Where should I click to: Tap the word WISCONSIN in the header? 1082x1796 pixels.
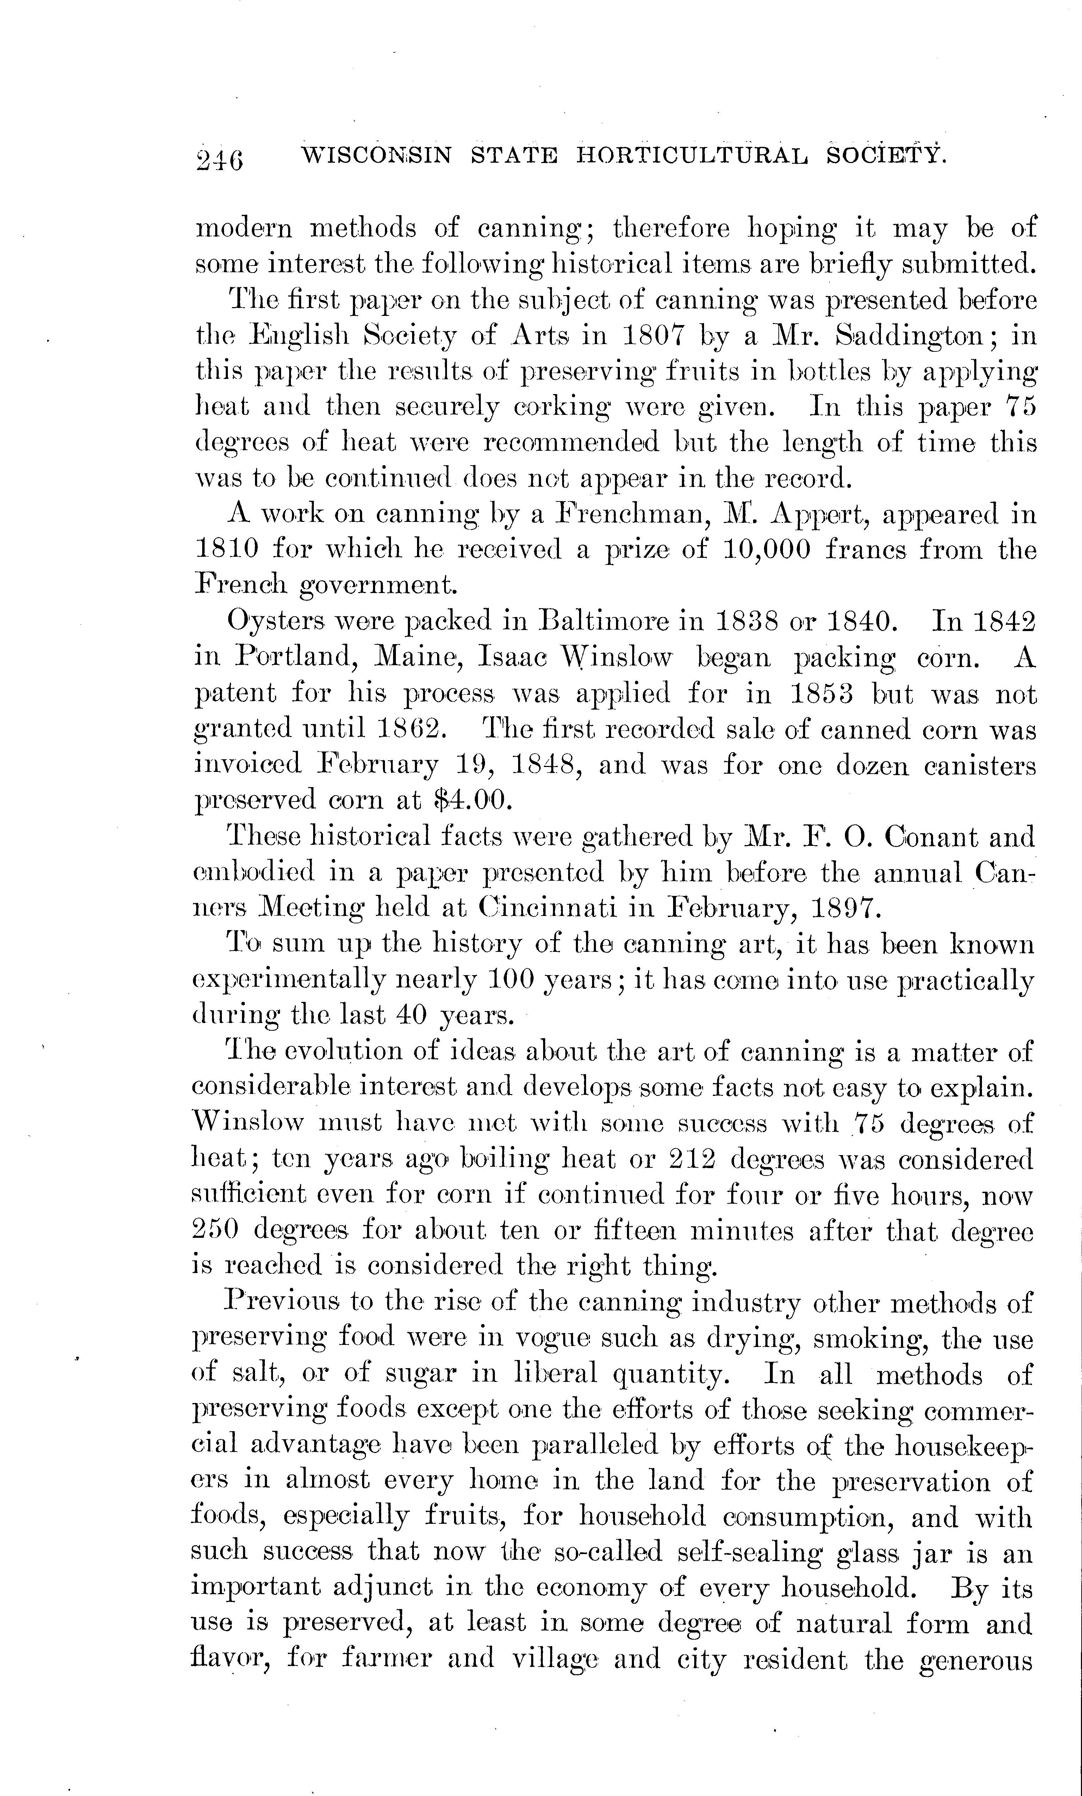click(376, 155)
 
